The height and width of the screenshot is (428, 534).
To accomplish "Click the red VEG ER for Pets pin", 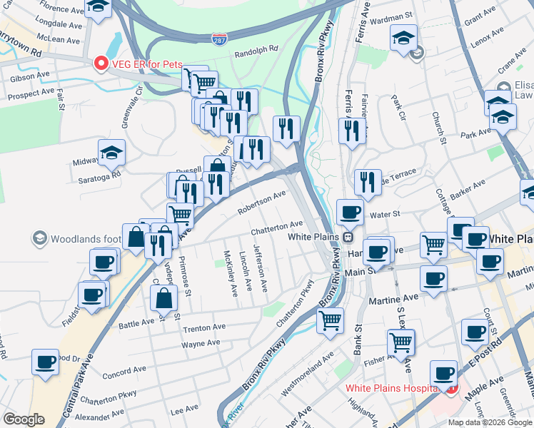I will pyautogui.click(x=101, y=63).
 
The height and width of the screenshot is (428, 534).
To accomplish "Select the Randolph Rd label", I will pyautogui.click(x=256, y=51).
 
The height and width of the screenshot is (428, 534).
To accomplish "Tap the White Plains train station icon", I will pyautogui.click(x=348, y=236).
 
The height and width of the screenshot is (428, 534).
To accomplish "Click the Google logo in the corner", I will pyautogui.click(x=24, y=419).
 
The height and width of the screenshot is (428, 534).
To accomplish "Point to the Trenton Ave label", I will pyautogui.click(x=204, y=327).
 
